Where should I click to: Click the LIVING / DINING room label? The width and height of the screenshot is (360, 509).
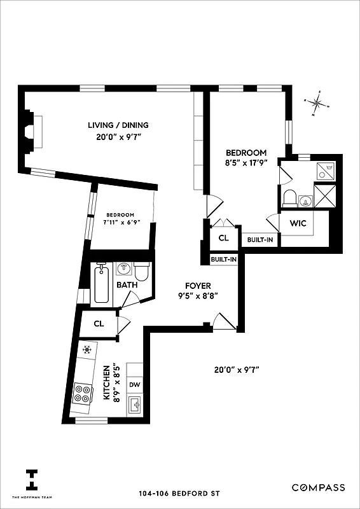point(118,125)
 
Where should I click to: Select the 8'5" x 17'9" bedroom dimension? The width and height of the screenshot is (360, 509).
point(246,162)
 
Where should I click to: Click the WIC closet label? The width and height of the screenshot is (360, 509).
point(298,223)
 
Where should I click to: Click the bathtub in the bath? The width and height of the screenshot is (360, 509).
point(102,284)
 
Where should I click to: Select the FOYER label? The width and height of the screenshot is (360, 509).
point(198,286)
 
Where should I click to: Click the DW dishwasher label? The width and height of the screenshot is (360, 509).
point(135,384)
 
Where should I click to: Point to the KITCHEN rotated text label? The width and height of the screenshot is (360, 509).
point(106,382)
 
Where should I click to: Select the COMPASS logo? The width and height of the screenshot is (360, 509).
point(318,487)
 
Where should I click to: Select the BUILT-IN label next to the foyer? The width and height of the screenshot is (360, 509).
point(224,260)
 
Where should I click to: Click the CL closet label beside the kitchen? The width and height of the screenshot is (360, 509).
point(99,323)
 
